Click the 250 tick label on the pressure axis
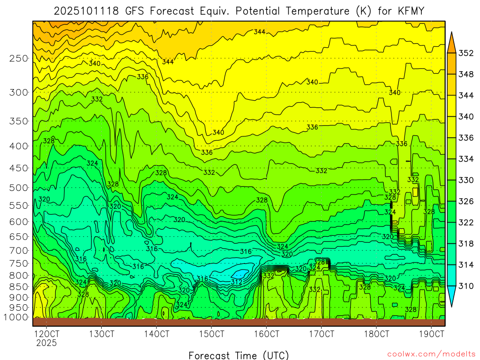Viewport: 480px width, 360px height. (19, 58)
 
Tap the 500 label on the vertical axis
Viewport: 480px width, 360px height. (19, 187)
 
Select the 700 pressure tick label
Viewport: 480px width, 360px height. (19, 251)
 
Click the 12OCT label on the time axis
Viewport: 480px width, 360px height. (47, 334)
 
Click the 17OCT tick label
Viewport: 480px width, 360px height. (322, 334)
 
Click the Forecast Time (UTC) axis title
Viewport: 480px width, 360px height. (239, 355)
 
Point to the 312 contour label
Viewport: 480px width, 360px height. (236, 282)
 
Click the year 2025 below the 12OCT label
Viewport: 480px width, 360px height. (47, 343)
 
